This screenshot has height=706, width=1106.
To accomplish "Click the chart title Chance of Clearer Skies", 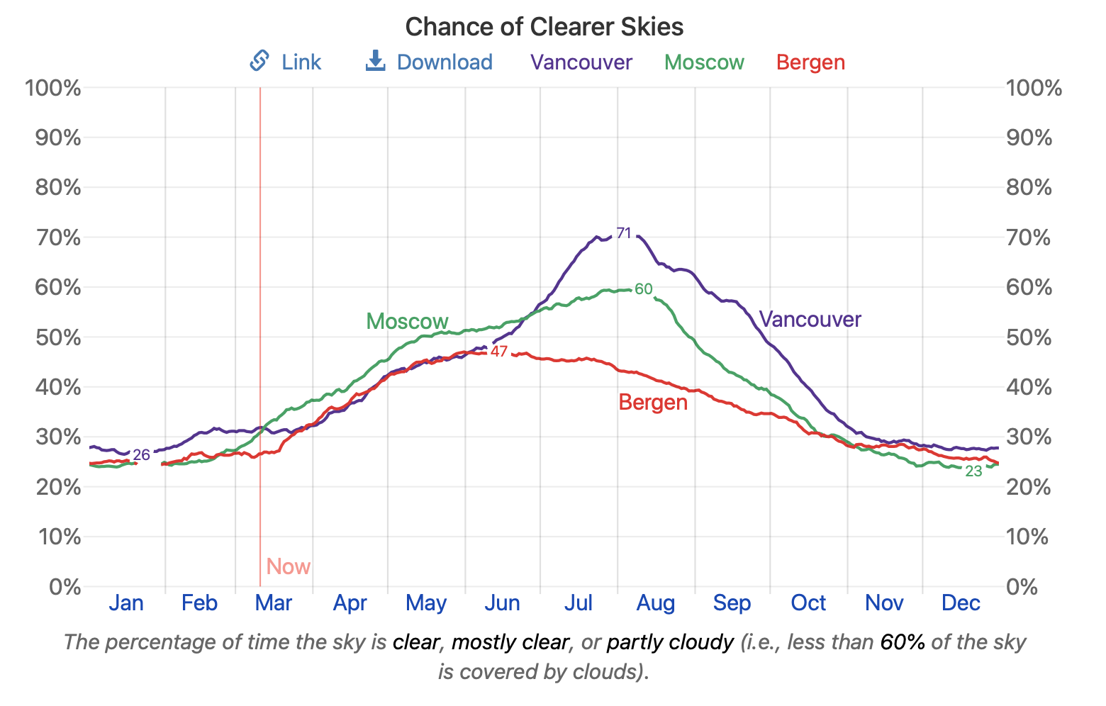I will (x=544, y=27).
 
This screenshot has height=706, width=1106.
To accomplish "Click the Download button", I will (x=429, y=62).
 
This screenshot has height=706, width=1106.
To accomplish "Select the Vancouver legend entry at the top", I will (x=581, y=62).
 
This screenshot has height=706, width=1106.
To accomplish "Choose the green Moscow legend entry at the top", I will (x=704, y=62).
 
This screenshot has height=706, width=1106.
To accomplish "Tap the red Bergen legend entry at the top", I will (x=810, y=62).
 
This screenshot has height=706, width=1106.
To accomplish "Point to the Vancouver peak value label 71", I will (x=624, y=233).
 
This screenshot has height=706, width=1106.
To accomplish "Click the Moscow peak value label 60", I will (x=643, y=289).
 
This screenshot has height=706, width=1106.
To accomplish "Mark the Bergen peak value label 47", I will (x=499, y=352).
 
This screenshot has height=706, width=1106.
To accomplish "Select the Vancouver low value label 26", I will (x=142, y=455).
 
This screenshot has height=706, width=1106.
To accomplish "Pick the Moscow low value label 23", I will (x=973, y=471).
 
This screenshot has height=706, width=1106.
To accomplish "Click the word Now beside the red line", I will (x=289, y=567).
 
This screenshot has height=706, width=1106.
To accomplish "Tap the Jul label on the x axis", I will (x=579, y=603).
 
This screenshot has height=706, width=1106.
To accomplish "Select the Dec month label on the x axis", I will (x=961, y=603).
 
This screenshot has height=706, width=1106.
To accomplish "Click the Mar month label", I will (x=274, y=603).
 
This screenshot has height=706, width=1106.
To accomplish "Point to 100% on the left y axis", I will (x=53, y=89).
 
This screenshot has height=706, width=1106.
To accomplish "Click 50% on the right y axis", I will (x=1029, y=337).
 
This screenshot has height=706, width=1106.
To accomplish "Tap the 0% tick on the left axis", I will (x=65, y=587).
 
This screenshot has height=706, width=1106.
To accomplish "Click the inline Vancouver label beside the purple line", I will (x=810, y=320).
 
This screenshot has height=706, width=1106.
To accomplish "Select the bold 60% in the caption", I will (x=903, y=642).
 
